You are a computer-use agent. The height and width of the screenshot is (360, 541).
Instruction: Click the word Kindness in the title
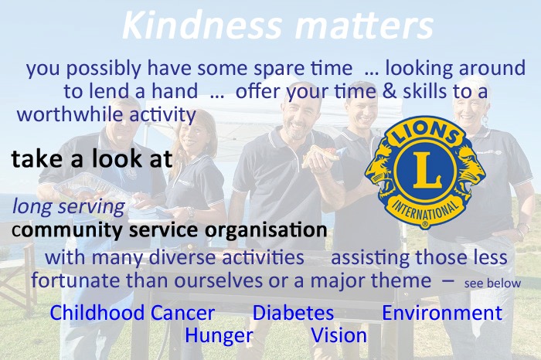pos(202,25)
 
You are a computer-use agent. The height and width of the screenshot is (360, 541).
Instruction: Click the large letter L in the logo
pos(426,171)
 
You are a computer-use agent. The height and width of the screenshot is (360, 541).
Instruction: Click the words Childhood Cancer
pos(132,313)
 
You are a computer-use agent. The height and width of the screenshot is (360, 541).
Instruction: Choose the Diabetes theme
pos(293,313)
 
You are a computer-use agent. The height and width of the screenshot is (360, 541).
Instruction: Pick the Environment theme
pos(442,313)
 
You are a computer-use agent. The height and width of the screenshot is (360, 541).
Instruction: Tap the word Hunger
pos(219,336)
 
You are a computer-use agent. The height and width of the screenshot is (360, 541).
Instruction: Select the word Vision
pos(339,335)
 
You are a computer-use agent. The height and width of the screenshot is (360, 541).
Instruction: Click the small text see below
pos(492,284)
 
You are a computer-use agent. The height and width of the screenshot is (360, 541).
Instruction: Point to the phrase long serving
pos(68,207)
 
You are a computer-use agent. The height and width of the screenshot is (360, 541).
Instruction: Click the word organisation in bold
pos(266,230)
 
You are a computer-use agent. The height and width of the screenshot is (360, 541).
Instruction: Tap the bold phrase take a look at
pos(92,158)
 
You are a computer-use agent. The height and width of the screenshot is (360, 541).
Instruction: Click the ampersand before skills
pos(390,91)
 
